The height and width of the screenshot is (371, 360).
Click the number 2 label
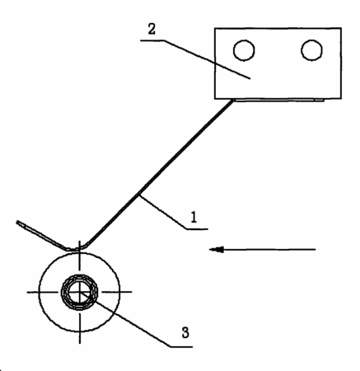(152, 29)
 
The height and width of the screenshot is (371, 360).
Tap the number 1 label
(194, 217)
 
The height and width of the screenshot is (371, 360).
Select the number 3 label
(185, 332)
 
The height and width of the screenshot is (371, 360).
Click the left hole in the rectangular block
(244, 50)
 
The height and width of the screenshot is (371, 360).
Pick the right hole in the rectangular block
(311, 50)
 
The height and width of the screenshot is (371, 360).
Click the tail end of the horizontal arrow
(316, 250)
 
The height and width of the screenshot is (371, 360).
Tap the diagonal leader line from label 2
(208, 59)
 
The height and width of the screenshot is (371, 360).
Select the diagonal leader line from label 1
(163, 212)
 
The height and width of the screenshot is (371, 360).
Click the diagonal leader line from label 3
(125, 320)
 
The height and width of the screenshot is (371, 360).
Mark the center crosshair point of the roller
(80, 292)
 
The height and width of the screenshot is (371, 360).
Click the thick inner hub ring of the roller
(80, 275)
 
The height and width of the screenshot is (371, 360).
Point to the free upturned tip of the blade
(18, 222)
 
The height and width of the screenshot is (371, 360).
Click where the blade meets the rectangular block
(233, 100)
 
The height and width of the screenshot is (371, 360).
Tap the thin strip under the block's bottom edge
(278, 100)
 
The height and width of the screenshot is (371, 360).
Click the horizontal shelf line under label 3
(181, 347)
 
